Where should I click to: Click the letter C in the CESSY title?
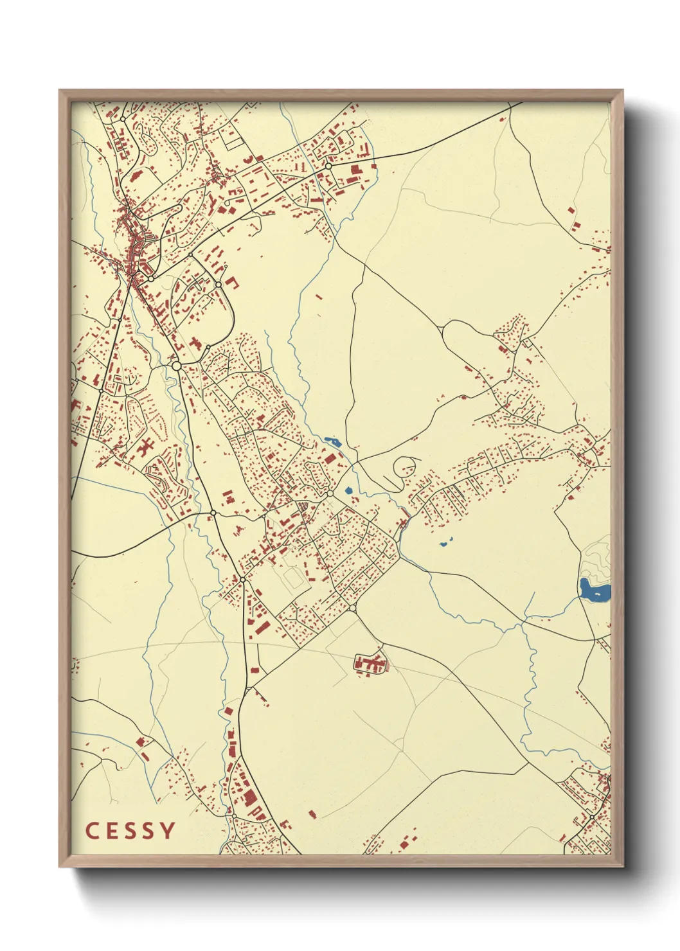point(91,831)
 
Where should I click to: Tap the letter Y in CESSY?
point(168,831)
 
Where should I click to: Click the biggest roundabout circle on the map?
point(177,366)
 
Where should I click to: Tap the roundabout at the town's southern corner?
point(352,608)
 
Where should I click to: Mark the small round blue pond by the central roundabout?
point(348,491)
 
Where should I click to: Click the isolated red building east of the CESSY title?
point(313,815)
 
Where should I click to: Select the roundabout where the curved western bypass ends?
point(213,512)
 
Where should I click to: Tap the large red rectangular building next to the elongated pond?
point(330,458)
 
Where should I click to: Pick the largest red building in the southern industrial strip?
point(249,798)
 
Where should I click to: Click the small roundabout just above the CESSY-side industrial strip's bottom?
point(234,816)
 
